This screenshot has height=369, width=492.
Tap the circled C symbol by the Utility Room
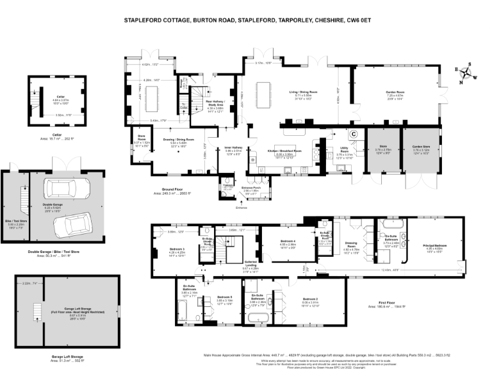click(x=352, y=135)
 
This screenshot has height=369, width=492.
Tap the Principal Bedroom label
click(x=434, y=246)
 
